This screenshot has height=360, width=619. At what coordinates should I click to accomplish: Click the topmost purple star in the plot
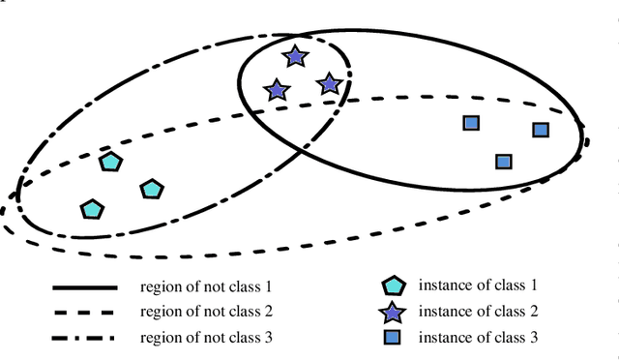[x=295, y=56]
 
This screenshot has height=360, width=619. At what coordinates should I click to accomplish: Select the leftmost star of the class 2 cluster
[x=277, y=90]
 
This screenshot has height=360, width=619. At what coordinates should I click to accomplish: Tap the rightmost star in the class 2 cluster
[x=329, y=84]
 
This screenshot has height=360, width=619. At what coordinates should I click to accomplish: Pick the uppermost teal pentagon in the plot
[x=110, y=162]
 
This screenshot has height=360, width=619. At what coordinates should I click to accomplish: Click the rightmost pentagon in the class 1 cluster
[x=151, y=189]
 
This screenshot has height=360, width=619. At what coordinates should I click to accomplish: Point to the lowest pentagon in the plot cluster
[x=91, y=208]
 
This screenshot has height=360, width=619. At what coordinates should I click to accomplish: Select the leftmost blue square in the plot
[x=471, y=123]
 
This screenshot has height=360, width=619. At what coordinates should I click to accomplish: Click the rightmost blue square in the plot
[x=541, y=130]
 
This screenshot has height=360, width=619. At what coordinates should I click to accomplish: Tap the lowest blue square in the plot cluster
[x=503, y=162]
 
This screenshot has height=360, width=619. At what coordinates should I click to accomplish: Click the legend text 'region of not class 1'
[x=207, y=287]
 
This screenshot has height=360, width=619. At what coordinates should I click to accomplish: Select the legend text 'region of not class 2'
[x=207, y=313]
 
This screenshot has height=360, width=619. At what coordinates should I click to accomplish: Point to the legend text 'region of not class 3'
[x=207, y=338]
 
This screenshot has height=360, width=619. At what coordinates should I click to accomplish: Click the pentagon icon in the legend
[x=392, y=286]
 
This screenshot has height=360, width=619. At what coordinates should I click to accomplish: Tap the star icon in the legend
[x=392, y=312]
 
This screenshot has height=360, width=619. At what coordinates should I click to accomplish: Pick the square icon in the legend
[x=392, y=338]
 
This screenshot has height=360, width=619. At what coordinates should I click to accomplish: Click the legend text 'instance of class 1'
[x=478, y=285]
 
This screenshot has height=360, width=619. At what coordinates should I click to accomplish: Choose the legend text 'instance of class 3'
[x=478, y=338]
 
